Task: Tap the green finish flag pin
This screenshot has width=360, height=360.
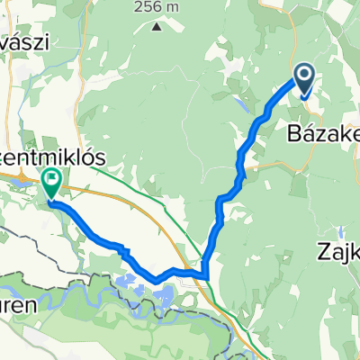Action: pos(50,184)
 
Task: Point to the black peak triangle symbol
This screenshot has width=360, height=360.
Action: pos(157,26)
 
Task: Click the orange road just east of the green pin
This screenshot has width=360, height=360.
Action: pos(90,192)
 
